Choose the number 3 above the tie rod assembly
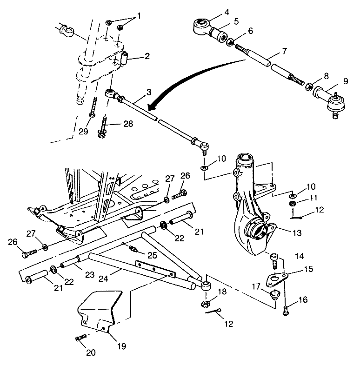pyautogui.click(x=148, y=92)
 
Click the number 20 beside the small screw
pyautogui.click(x=91, y=352)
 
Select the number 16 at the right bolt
pyautogui.click(x=302, y=300)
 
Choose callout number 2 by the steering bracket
pyautogui.click(x=147, y=57)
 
